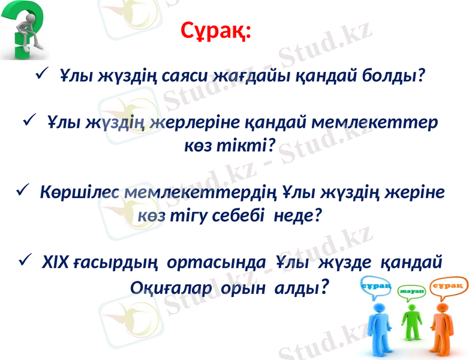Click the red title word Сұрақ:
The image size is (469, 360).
217,30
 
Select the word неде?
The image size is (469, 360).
297,215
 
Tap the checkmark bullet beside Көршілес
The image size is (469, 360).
23,191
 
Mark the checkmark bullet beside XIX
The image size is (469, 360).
25,260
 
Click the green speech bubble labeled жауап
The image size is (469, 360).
411,290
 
